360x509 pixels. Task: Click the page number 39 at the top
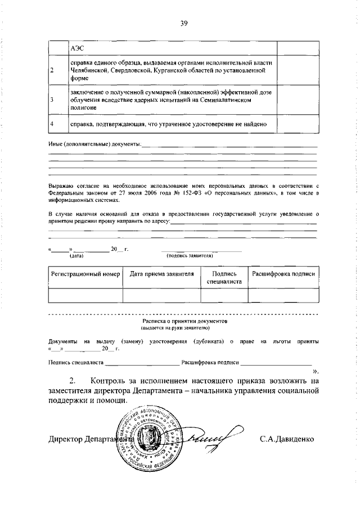tap(183, 23)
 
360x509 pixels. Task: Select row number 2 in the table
tap(52, 71)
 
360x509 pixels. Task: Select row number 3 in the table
tap(52, 100)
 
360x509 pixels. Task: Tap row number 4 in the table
tap(52, 123)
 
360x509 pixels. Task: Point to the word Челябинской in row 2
tap(89, 71)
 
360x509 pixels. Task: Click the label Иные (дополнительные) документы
tap(94, 145)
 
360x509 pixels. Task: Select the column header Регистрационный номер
tap(85, 274)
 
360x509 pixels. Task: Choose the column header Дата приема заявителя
tap(161, 274)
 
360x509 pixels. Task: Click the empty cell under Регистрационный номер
tap(85, 295)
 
